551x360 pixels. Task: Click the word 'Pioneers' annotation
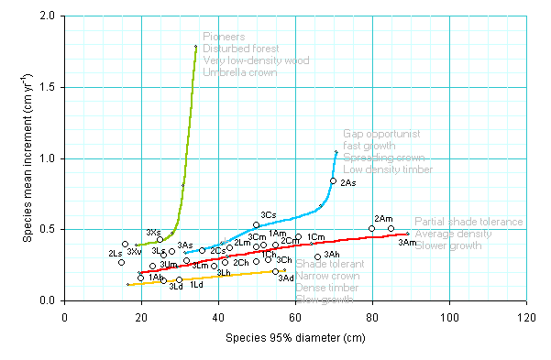click(224, 37)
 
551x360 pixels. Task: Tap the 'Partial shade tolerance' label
click(468, 222)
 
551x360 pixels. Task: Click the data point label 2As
click(348, 184)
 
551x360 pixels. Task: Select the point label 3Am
click(407, 242)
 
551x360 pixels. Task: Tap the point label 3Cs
click(268, 214)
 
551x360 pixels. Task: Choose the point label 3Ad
click(286, 278)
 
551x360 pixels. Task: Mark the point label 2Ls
click(116, 253)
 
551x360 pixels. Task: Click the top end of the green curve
click(196, 47)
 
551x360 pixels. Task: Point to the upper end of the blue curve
click(336, 151)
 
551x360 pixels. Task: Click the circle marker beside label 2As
click(333, 181)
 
